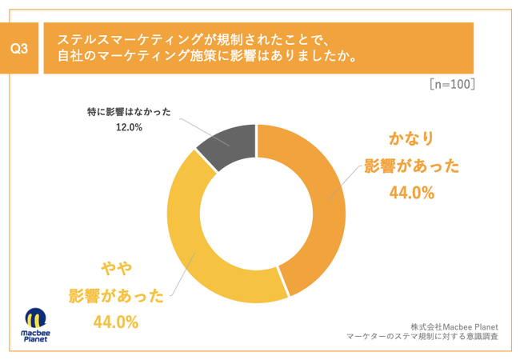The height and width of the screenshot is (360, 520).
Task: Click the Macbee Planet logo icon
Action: (34, 317)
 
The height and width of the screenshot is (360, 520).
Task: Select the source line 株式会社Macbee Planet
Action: (454, 326)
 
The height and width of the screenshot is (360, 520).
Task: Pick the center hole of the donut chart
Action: (256, 214)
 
